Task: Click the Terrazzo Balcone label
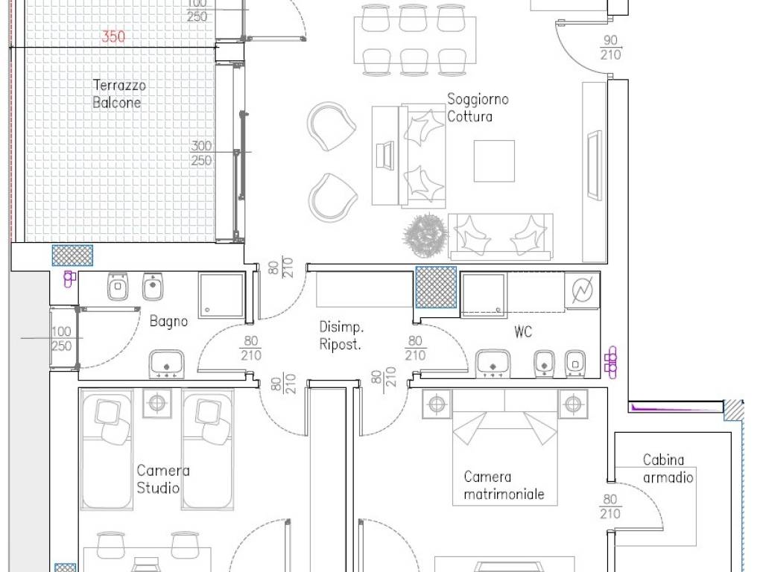[116, 94]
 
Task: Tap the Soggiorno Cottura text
[478, 107]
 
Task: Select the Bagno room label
[168, 322]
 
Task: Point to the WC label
[523, 332]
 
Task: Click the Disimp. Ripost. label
[341, 336]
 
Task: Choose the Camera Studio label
[162, 479]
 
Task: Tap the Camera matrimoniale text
[504, 485]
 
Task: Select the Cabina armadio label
[668, 468]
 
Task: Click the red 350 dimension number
[113, 36]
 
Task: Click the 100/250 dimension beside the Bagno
[61, 339]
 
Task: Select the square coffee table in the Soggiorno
[494, 162]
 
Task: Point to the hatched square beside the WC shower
[435, 287]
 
